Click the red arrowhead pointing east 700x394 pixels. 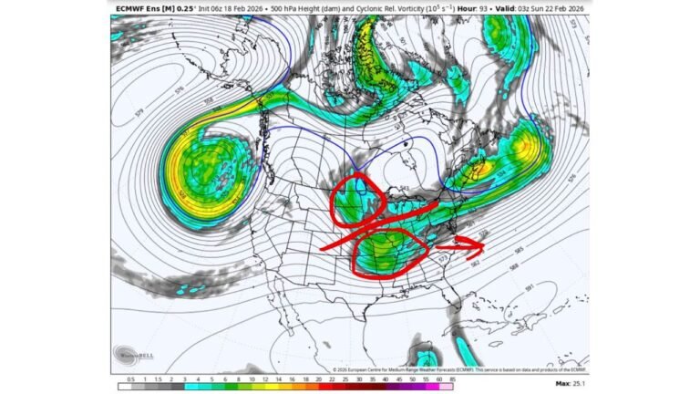(480, 244)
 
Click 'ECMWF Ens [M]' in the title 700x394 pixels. (144, 8)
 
